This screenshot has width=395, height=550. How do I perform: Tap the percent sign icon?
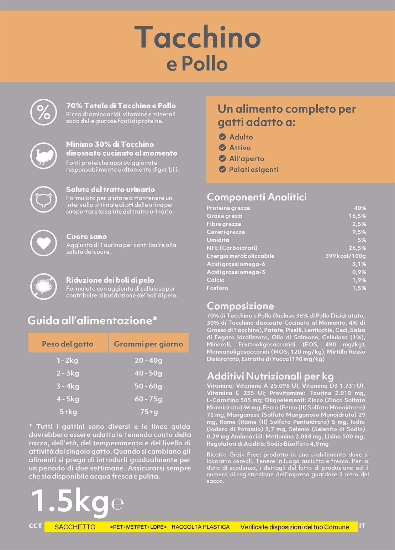(x=43, y=112)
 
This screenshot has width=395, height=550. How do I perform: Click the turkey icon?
(x=43, y=156)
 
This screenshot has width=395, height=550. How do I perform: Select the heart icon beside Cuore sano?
(x=43, y=243)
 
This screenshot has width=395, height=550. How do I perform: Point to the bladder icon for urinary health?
(x=43, y=199)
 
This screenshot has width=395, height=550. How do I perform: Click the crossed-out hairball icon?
(x=43, y=286)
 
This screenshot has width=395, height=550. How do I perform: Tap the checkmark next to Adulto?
(x=222, y=137)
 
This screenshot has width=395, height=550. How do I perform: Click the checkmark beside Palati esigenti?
(x=222, y=169)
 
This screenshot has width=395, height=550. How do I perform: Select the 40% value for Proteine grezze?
(x=360, y=208)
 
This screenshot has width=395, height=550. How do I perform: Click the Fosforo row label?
(x=217, y=288)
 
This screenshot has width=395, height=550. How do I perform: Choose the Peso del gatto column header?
(x=68, y=344)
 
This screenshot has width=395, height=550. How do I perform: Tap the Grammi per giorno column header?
(x=148, y=344)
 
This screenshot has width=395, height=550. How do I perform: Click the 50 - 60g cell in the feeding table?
(x=148, y=386)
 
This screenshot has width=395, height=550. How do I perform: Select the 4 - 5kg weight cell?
(x=68, y=399)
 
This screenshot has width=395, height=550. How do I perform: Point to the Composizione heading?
(x=240, y=306)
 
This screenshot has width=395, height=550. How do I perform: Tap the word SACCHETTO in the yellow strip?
(x=75, y=527)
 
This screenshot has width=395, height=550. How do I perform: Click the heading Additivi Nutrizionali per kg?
(x=270, y=376)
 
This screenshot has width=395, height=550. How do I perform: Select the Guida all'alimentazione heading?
(x=92, y=320)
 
